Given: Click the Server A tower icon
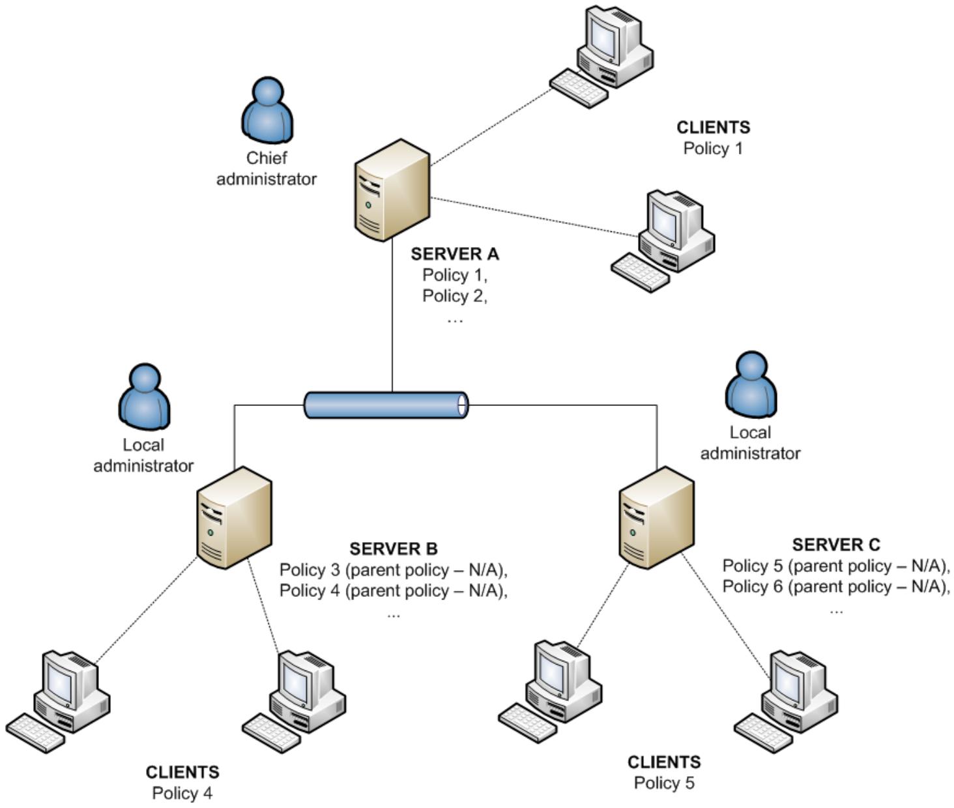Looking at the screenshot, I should (392, 190).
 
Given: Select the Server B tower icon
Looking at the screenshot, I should (234, 517).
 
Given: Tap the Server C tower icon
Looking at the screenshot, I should (656, 517).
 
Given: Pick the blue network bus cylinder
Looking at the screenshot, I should (386, 405).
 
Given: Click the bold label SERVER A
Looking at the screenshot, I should (454, 253).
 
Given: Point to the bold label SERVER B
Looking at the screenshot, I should (393, 549).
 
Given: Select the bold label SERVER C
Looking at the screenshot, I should (835, 545).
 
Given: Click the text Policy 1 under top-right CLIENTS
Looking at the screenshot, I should (712, 148).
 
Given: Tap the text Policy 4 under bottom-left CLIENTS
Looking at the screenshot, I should (182, 793).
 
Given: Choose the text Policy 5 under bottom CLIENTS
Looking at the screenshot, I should (663, 783).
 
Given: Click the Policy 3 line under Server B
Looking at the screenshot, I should (393, 570).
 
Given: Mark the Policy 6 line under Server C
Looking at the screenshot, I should (835, 586).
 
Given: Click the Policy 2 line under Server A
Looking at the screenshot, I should (454, 296).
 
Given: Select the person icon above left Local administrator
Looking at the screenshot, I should (144, 397).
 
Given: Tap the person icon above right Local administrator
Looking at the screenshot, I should (751, 384).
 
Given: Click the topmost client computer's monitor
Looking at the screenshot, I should (603, 36).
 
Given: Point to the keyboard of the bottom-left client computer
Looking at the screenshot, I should (35, 733).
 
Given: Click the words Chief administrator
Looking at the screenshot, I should (266, 168).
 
